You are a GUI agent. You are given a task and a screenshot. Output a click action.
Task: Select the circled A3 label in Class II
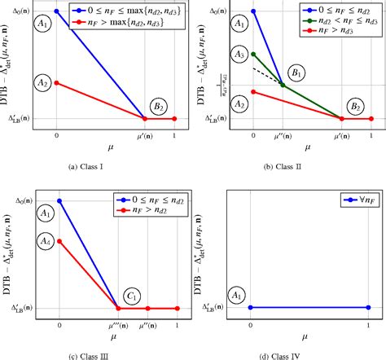click(x=238, y=54)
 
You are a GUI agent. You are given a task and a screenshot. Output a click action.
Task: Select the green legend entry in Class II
click(x=334, y=23)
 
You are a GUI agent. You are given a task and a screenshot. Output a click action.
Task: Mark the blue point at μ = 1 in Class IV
click(x=368, y=308)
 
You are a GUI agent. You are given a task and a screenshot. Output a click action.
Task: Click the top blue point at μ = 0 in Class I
click(x=56, y=11)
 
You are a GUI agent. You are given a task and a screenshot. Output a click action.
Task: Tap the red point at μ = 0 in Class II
click(x=253, y=91)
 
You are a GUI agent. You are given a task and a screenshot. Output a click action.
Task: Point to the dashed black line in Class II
click(x=268, y=77)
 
